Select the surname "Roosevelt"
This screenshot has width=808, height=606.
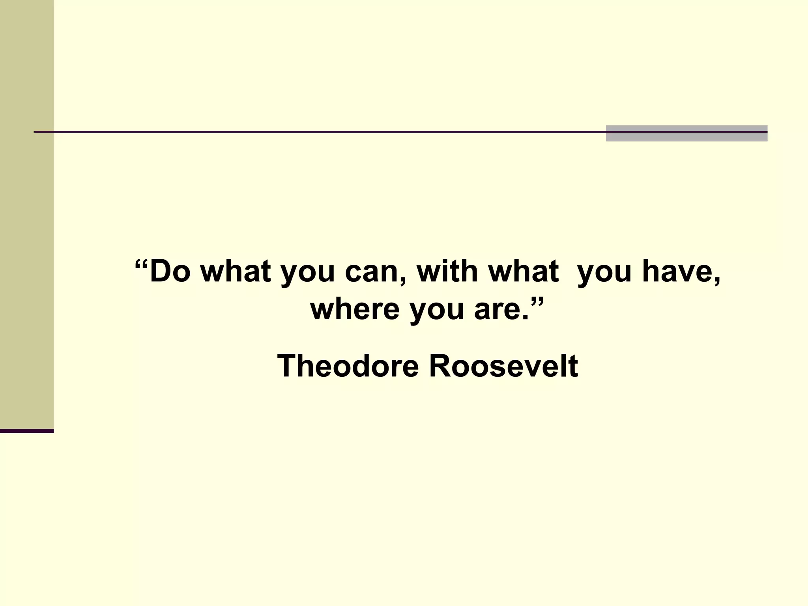click(x=503, y=366)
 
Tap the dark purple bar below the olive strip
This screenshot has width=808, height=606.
click(x=26, y=431)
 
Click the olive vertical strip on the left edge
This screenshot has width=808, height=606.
click(x=26, y=213)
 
